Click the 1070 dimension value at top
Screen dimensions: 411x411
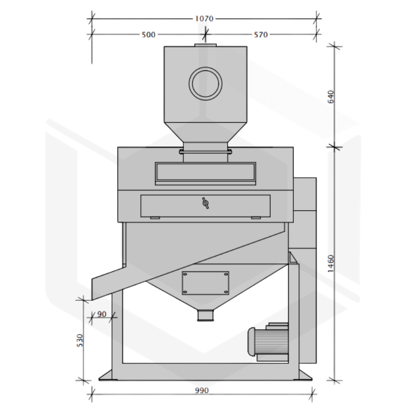click(x=204, y=18)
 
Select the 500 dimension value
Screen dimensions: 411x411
click(x=148, y=34)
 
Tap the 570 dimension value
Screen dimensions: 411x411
click(x=261, y=34)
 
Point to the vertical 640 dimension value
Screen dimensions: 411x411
click(x=331, y=97)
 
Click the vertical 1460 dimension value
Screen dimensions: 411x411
click(x=331, y=264)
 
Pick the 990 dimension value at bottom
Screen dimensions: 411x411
click(x=202, y=390)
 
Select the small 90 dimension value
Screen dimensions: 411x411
click(x=102, y=314)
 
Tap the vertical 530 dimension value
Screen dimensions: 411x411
click(x=80, y=341)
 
